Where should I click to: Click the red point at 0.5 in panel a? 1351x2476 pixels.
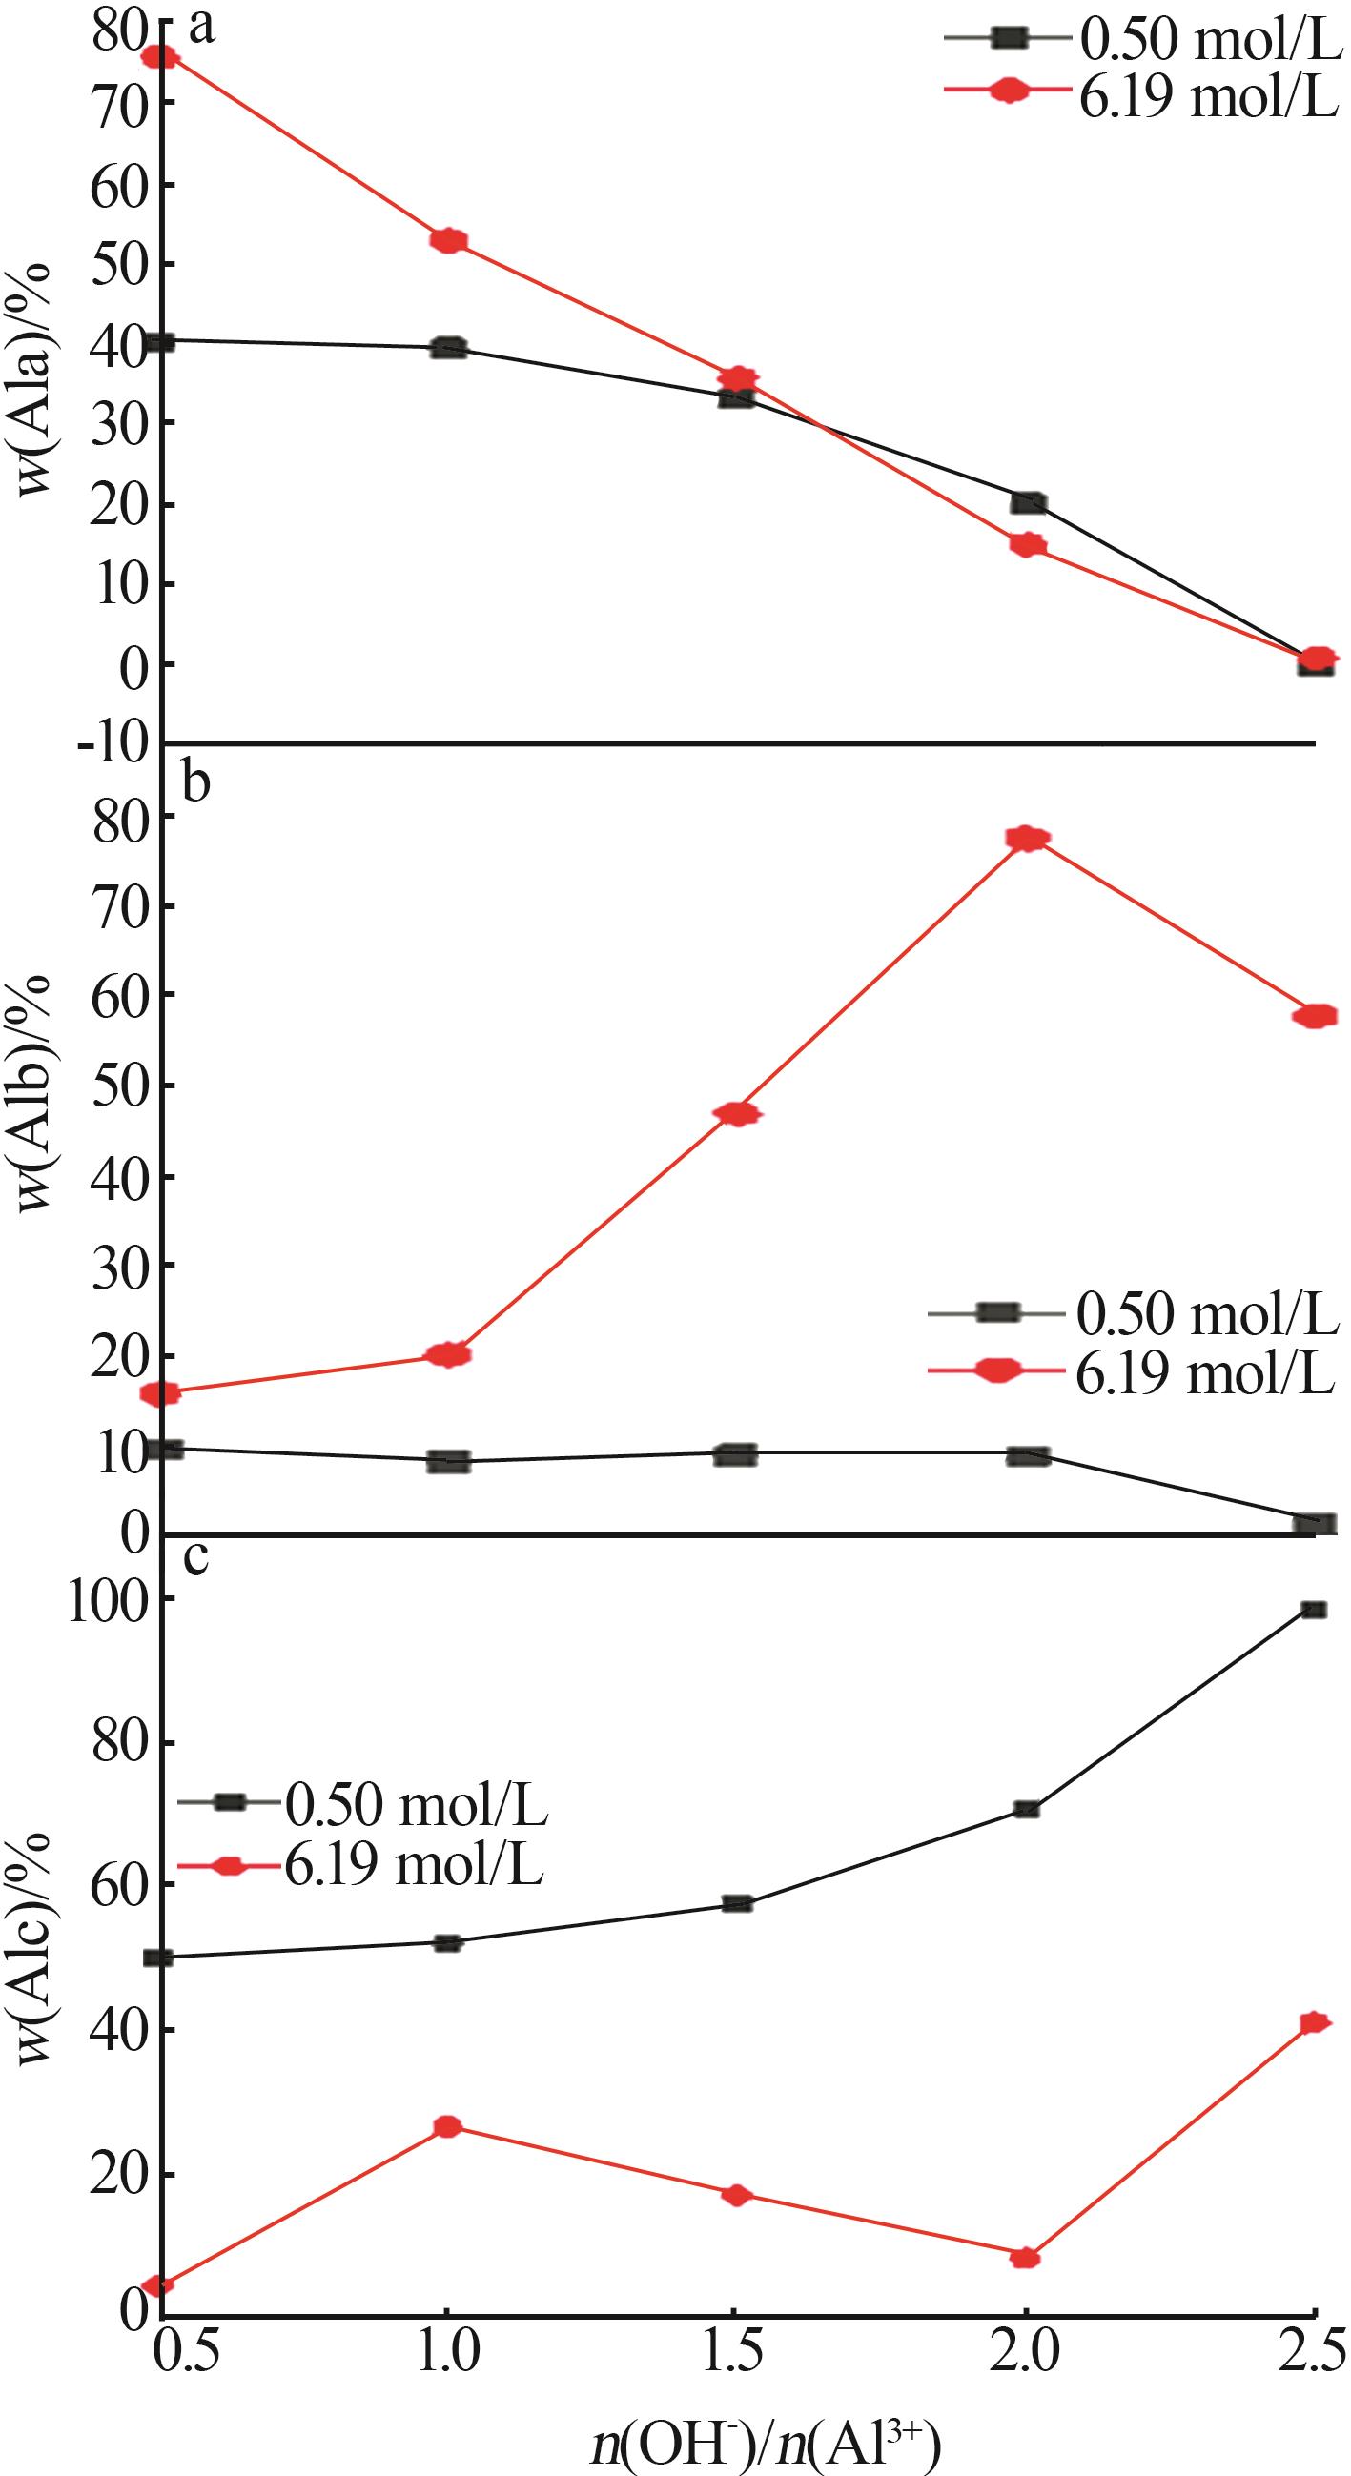[159, 57]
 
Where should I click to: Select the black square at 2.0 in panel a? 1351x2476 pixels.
[1028, 501]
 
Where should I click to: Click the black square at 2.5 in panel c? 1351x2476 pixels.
[1315, 1609]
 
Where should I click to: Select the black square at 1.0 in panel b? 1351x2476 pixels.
[448, 1462]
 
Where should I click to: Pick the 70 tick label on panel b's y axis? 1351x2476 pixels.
[119, 906]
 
